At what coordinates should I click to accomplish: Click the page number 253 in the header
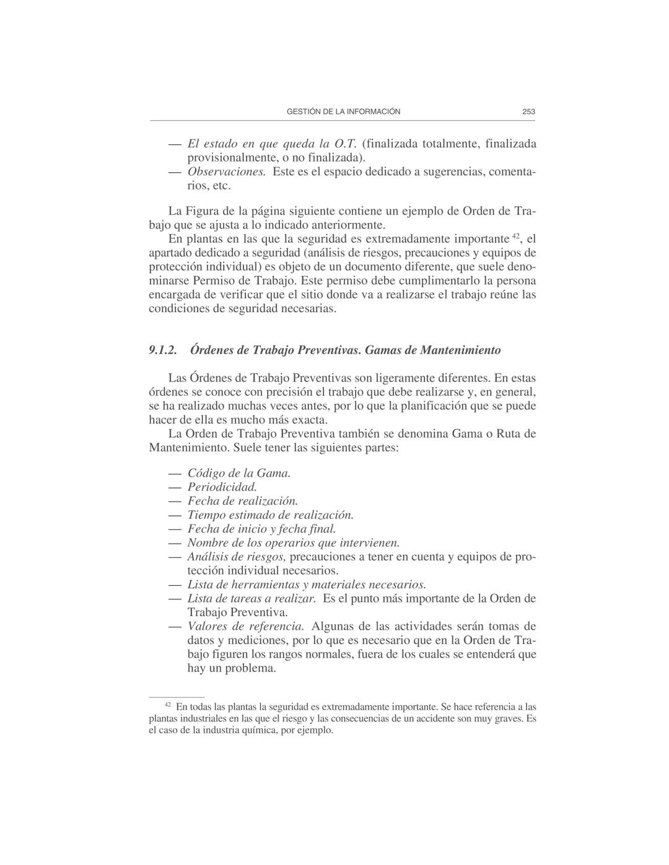[528, 112]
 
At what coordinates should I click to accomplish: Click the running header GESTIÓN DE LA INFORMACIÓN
[343, 112]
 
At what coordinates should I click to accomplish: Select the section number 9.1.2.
[163, 350]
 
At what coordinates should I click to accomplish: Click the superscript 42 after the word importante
[516, 236]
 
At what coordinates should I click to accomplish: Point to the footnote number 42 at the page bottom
[167, 705]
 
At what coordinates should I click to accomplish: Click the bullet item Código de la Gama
[239, 474]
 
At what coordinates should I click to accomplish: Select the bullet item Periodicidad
[222, 487]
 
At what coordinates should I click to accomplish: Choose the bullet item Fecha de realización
[243, 501]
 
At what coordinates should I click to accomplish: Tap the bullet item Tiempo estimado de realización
[271, 515]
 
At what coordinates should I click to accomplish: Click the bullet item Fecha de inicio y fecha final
[261, 529]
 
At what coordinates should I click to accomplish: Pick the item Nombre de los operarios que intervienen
[294, 543]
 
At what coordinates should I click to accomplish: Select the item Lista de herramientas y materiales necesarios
[307, 585]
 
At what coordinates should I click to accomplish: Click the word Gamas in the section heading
[382, 350]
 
